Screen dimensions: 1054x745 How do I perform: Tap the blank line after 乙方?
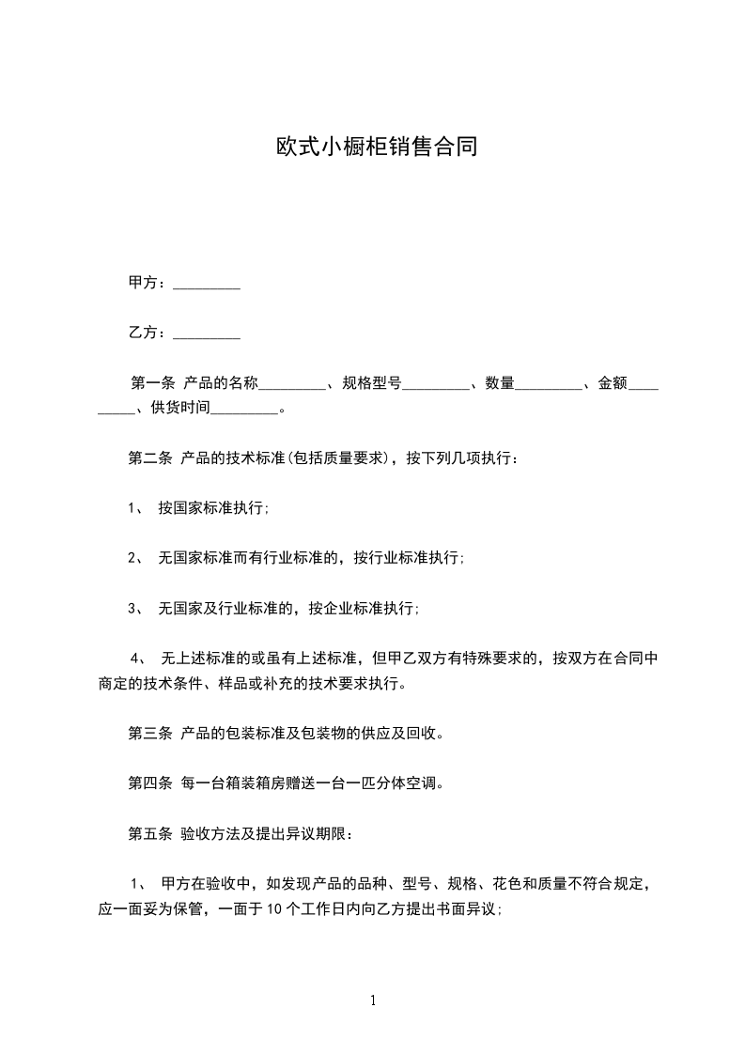(207, 333)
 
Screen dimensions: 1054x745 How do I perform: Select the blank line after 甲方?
(207, 284)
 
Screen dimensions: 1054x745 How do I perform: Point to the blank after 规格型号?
(435, 384)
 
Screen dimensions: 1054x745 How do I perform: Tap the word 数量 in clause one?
(500, 383)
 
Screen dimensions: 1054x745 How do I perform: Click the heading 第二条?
(149, 459)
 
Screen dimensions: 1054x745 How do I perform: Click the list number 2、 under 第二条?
(135, 559)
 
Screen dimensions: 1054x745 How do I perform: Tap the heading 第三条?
(149, 734)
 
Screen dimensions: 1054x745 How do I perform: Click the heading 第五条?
(149, 833)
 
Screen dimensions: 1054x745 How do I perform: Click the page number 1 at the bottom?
(373, 1000)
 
